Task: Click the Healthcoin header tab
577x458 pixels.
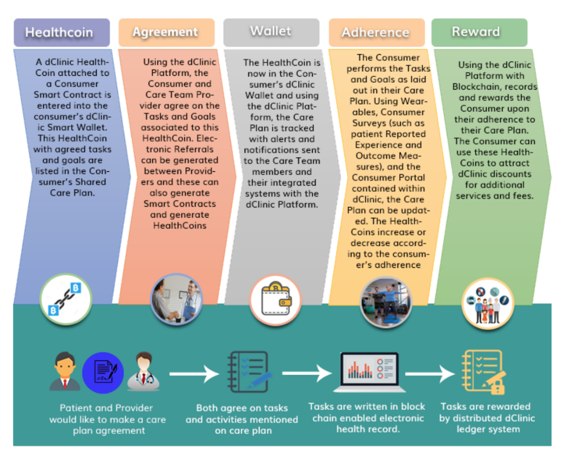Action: coord(61,32)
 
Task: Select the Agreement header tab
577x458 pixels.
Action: coord(167,32)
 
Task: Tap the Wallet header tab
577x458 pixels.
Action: coord(271,32)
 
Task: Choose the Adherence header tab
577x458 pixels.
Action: coord(377,32)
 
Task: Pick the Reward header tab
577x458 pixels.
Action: coord(479,32)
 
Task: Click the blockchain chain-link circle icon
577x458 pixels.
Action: coord(66,299)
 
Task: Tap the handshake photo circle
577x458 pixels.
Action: coord(177,299)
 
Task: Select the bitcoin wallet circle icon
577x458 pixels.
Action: coord(275,300)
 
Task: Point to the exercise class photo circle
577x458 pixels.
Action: coord(386,302)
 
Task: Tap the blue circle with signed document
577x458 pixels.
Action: coord(103,373)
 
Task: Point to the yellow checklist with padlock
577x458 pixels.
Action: coord(483,372)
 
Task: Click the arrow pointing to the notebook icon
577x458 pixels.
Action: coord(194,374)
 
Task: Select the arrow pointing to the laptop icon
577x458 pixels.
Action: coord(307,373)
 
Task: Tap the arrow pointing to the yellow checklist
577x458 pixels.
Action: coord(430,374)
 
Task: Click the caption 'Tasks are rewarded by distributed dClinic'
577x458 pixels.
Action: coord(486,412)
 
